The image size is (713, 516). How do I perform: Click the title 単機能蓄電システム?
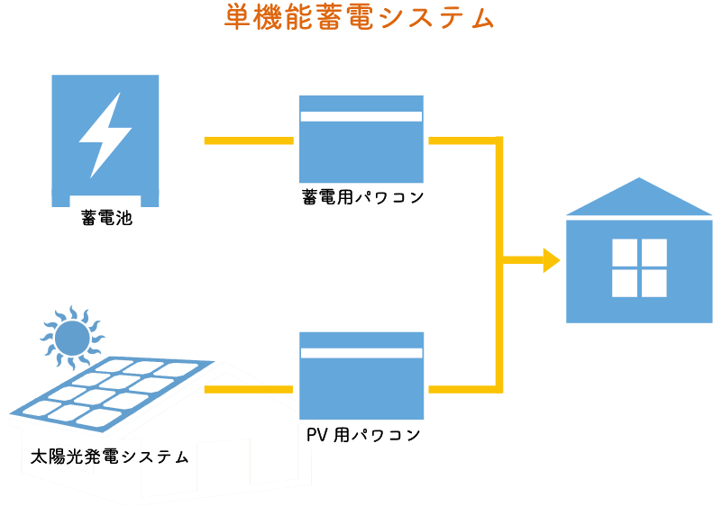tap(360, 18)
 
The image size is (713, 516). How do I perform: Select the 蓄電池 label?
tap(106, 217)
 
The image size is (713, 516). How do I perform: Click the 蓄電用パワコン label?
tap(361, 196)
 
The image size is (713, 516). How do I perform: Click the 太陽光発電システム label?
tap(109, 457)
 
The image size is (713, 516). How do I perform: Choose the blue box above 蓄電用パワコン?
tap(361, 153)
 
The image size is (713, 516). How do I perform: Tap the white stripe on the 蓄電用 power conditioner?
tap(361, 116)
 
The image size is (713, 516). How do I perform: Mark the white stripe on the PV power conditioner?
tap(361, 353)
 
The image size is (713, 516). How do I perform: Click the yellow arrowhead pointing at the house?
tap(550, 261)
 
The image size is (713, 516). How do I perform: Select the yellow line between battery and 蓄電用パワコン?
tap(249, 140)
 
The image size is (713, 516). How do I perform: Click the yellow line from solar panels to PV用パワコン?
tap(250, 389)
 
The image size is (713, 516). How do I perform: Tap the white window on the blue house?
tap(639, 267)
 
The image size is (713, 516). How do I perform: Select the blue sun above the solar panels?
tap(72, 339)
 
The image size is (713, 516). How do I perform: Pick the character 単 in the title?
tap(236, 18)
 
